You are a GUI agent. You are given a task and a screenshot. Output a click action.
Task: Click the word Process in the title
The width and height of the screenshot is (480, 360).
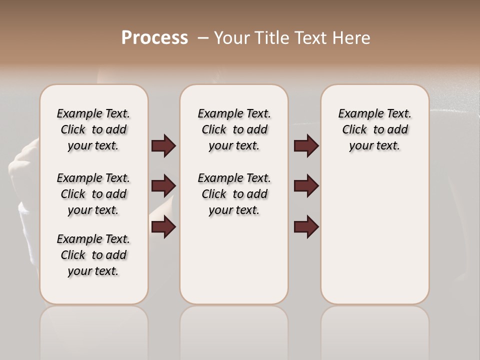(154, 38)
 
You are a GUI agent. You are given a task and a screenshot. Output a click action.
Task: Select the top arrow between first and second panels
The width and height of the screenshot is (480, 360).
(163, 146)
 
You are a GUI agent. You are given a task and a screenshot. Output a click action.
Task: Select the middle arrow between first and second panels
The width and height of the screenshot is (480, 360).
(163, 186)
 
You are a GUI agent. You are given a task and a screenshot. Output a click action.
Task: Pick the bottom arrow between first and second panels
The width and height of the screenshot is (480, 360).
(163, 227)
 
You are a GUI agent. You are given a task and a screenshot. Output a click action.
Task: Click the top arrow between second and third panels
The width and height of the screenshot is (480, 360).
(306, 146)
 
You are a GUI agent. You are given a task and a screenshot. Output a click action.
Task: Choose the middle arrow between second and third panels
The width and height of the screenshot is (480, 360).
(306, 186)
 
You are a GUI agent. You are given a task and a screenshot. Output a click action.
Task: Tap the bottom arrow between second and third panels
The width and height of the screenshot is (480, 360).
(306, 227)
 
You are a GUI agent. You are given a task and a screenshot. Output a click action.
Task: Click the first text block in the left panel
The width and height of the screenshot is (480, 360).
(93, 129)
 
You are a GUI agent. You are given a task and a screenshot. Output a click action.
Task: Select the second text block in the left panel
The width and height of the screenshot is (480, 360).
(93, 194)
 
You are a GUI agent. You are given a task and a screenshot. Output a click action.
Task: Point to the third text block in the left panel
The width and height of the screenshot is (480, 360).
(93, 255)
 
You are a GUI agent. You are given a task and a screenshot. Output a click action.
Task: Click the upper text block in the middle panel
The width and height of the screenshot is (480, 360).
(234, 129)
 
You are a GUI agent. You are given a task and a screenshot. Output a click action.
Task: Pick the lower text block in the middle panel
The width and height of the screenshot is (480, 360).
(234, 194)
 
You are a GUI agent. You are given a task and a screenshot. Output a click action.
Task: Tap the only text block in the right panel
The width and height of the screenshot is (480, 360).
(374, 129)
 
